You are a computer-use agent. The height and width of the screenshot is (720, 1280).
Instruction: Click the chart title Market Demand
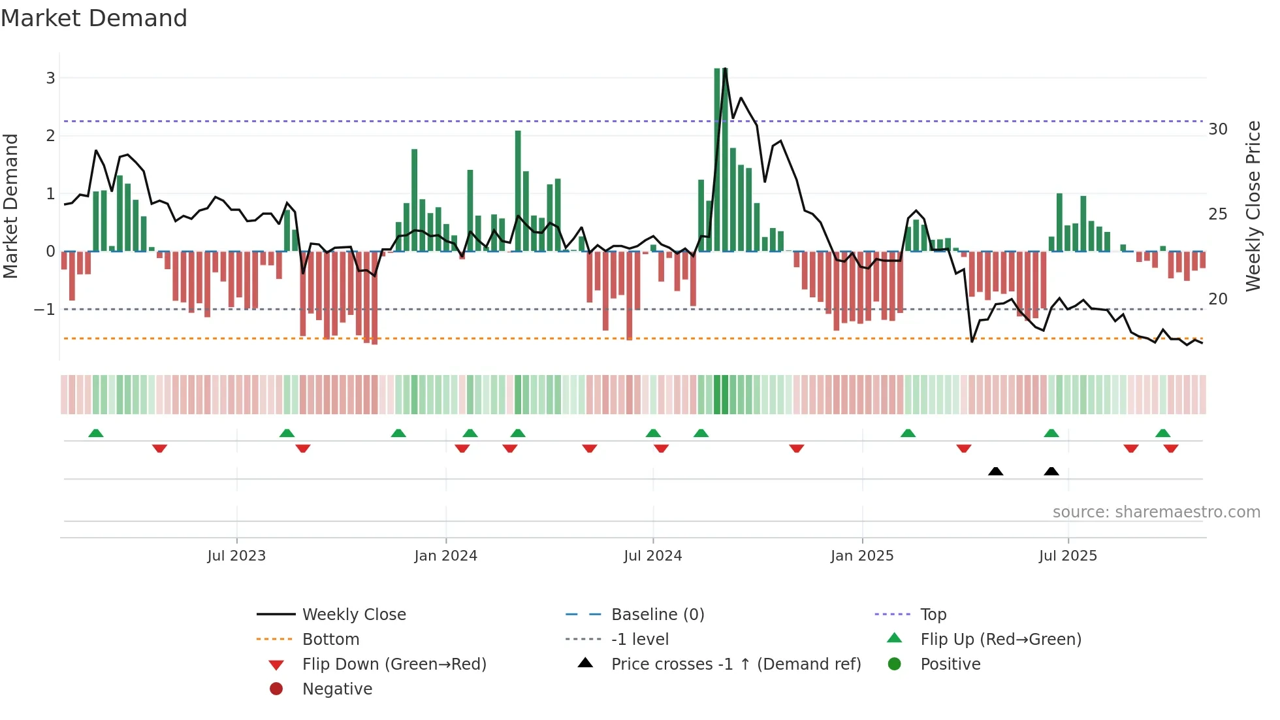[x=94, y=18]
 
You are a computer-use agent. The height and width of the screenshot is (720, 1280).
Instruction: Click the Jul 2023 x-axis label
[x=236, y=556]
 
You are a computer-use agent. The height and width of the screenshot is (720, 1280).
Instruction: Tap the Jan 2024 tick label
[x=445, y=556]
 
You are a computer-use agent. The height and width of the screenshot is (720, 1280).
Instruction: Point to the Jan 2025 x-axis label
[x=861, y=556]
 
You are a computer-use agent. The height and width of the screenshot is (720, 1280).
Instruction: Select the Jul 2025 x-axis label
[x=1068, y=556]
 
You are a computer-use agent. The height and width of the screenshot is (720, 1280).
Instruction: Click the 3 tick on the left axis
[x=50, y=78]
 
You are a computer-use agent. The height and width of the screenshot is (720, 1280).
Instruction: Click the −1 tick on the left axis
[x=45, y=310]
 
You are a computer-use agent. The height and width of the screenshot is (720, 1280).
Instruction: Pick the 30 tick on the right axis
[x=1217, y=129]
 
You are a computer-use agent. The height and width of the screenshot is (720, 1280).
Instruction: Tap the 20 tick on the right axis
[x=1217, y=299]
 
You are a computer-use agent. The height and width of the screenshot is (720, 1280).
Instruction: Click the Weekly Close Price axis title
[x=1253, y=206]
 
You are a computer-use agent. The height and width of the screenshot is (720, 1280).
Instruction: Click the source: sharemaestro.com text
[x=1156, y=512]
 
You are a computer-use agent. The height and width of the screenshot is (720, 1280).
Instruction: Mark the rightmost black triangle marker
[x=1051, y=472]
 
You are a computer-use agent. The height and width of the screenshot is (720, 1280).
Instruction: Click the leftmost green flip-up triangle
[x=96, y=433]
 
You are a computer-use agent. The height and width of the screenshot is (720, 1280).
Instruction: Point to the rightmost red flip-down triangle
[x=1170, y=448]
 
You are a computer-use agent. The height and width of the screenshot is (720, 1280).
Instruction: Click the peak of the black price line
[x=725, y=69]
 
